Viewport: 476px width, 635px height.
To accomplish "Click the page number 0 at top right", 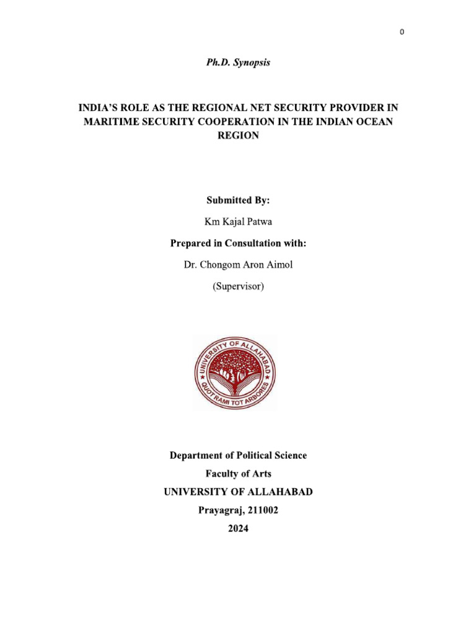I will tap(402, 32).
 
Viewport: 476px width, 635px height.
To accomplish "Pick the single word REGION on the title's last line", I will tap(238, 136).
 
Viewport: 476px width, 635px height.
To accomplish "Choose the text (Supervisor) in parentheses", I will tap(238, 286).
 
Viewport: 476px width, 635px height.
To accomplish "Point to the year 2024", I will tap(238, 530).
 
